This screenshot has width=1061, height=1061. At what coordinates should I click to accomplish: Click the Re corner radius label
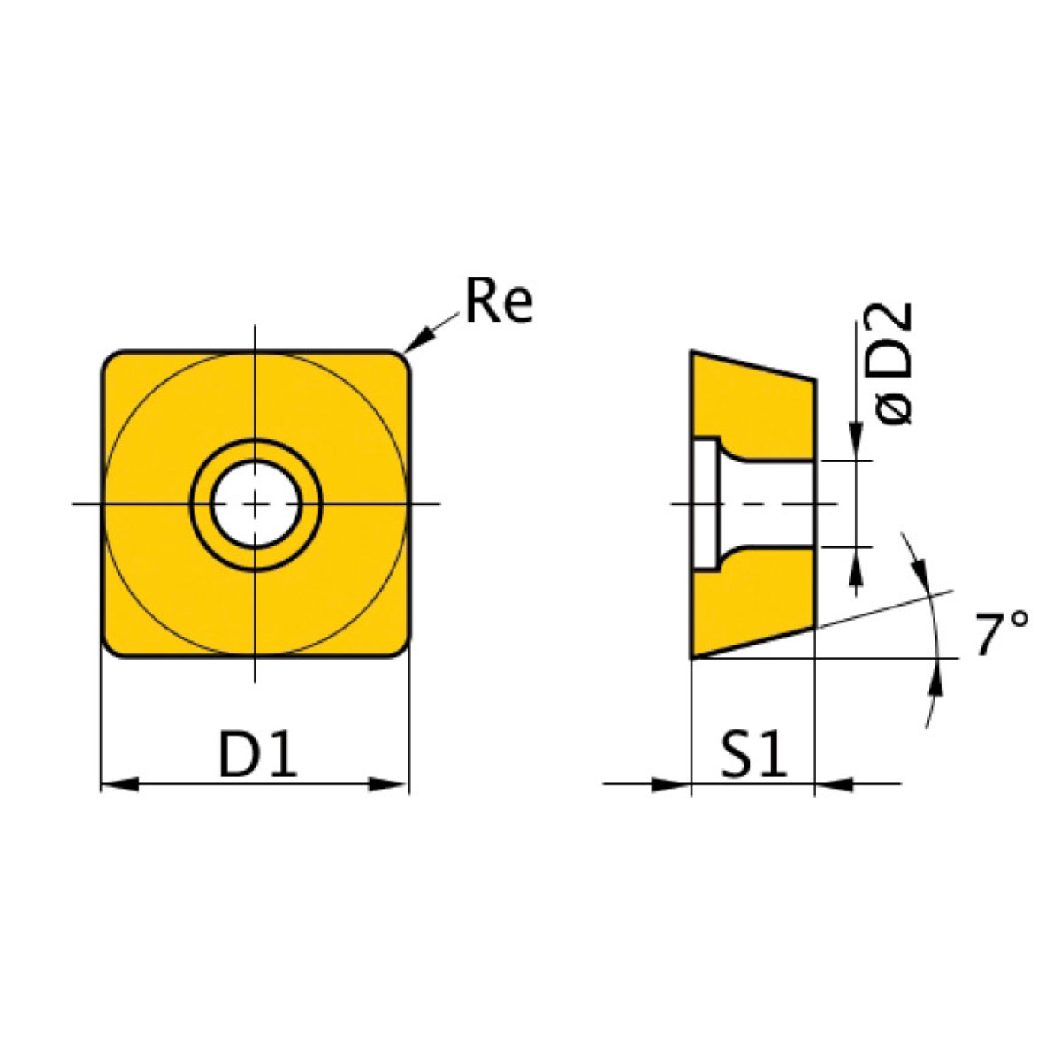pyautogui.click(x=499, y=302)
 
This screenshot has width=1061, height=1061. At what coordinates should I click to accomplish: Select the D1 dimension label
pyautogui.click(x=257, y=757)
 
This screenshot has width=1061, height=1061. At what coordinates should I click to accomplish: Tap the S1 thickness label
pyautogui.click(x=753, y=757)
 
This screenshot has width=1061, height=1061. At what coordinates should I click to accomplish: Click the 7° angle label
pyautogui.click(x=1002, y=634)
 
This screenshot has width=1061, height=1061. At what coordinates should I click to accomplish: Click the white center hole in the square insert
pyautogui.click(x=256, y=504)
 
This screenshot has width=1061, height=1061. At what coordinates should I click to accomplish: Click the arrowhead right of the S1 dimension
pyautogui.click(x=833, y=783)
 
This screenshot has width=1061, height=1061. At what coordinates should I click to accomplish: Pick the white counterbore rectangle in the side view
pyautogui.click(x=706, y=504)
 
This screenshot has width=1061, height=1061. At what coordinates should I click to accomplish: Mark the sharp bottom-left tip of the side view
pyautogui.click(x=692, y=657)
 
